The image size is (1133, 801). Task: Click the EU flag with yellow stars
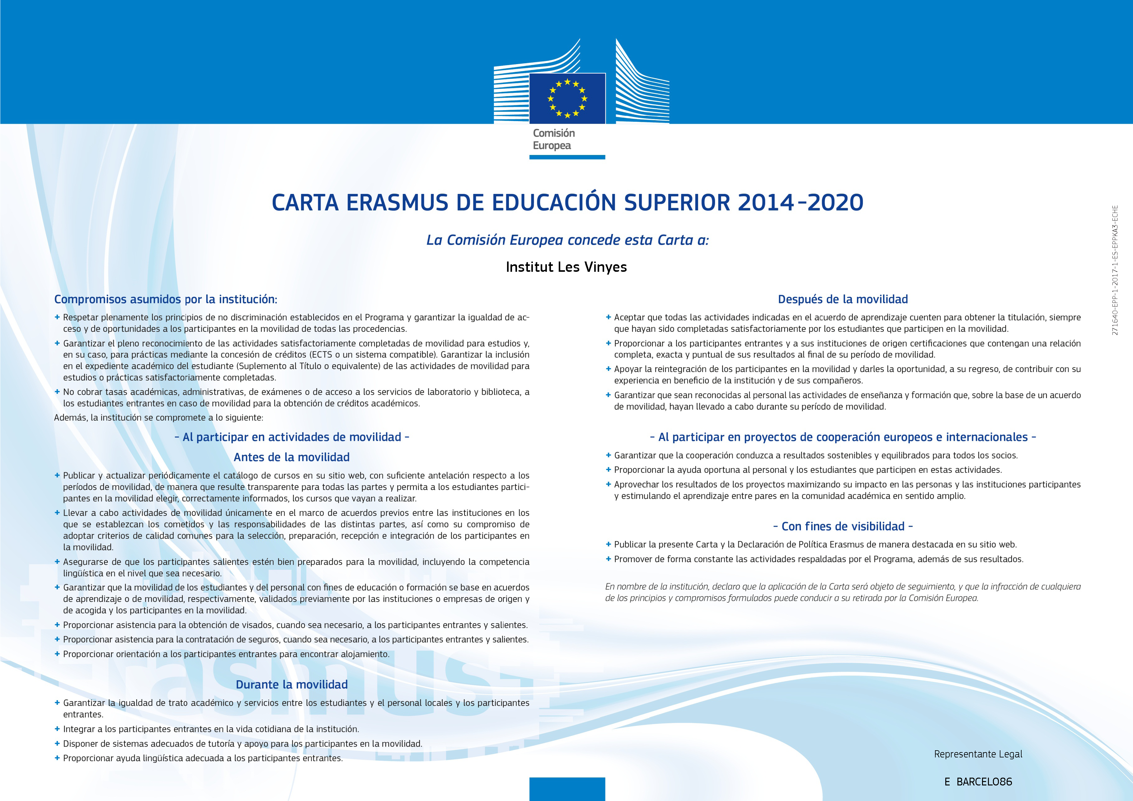[567, 98]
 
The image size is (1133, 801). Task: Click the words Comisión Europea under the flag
[554, 139]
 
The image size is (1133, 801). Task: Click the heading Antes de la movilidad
[292, 457]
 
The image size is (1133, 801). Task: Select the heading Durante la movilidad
[292, 685]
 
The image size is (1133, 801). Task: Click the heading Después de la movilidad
[843, 299]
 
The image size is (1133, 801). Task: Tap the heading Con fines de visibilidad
[843, 526]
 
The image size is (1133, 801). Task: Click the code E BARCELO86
[978, 782]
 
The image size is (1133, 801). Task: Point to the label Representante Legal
[978, 754]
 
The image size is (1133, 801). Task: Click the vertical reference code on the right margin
[1115, 271]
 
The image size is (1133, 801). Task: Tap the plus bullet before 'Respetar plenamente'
[57, 317]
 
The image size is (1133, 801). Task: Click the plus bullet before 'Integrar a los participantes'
[57, 728]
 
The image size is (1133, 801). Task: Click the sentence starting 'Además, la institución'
[158, 417]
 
